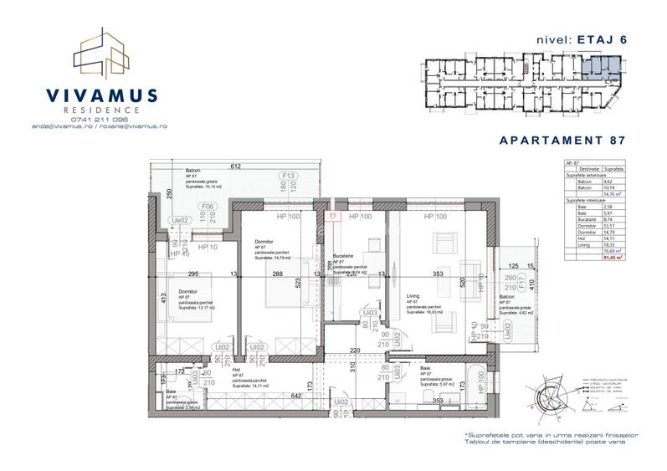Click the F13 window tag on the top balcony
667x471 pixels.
[290, 176]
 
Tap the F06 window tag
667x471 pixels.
[207, 207]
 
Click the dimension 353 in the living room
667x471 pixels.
[434, 273]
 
